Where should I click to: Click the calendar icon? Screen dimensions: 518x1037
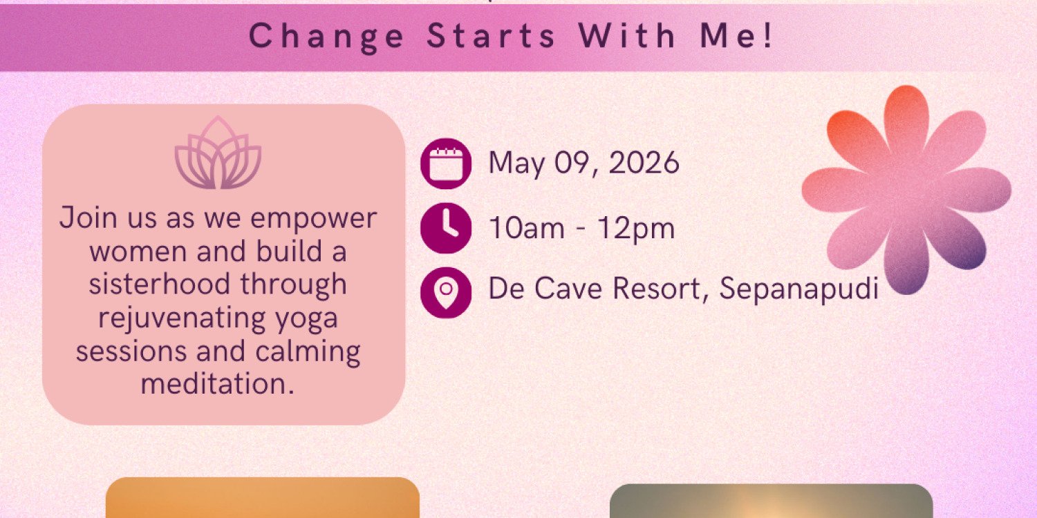446,164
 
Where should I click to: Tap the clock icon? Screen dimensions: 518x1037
446,227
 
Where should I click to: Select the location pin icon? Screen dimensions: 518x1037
446,291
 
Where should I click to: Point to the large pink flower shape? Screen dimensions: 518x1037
906,190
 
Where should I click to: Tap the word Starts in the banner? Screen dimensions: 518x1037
492,36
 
